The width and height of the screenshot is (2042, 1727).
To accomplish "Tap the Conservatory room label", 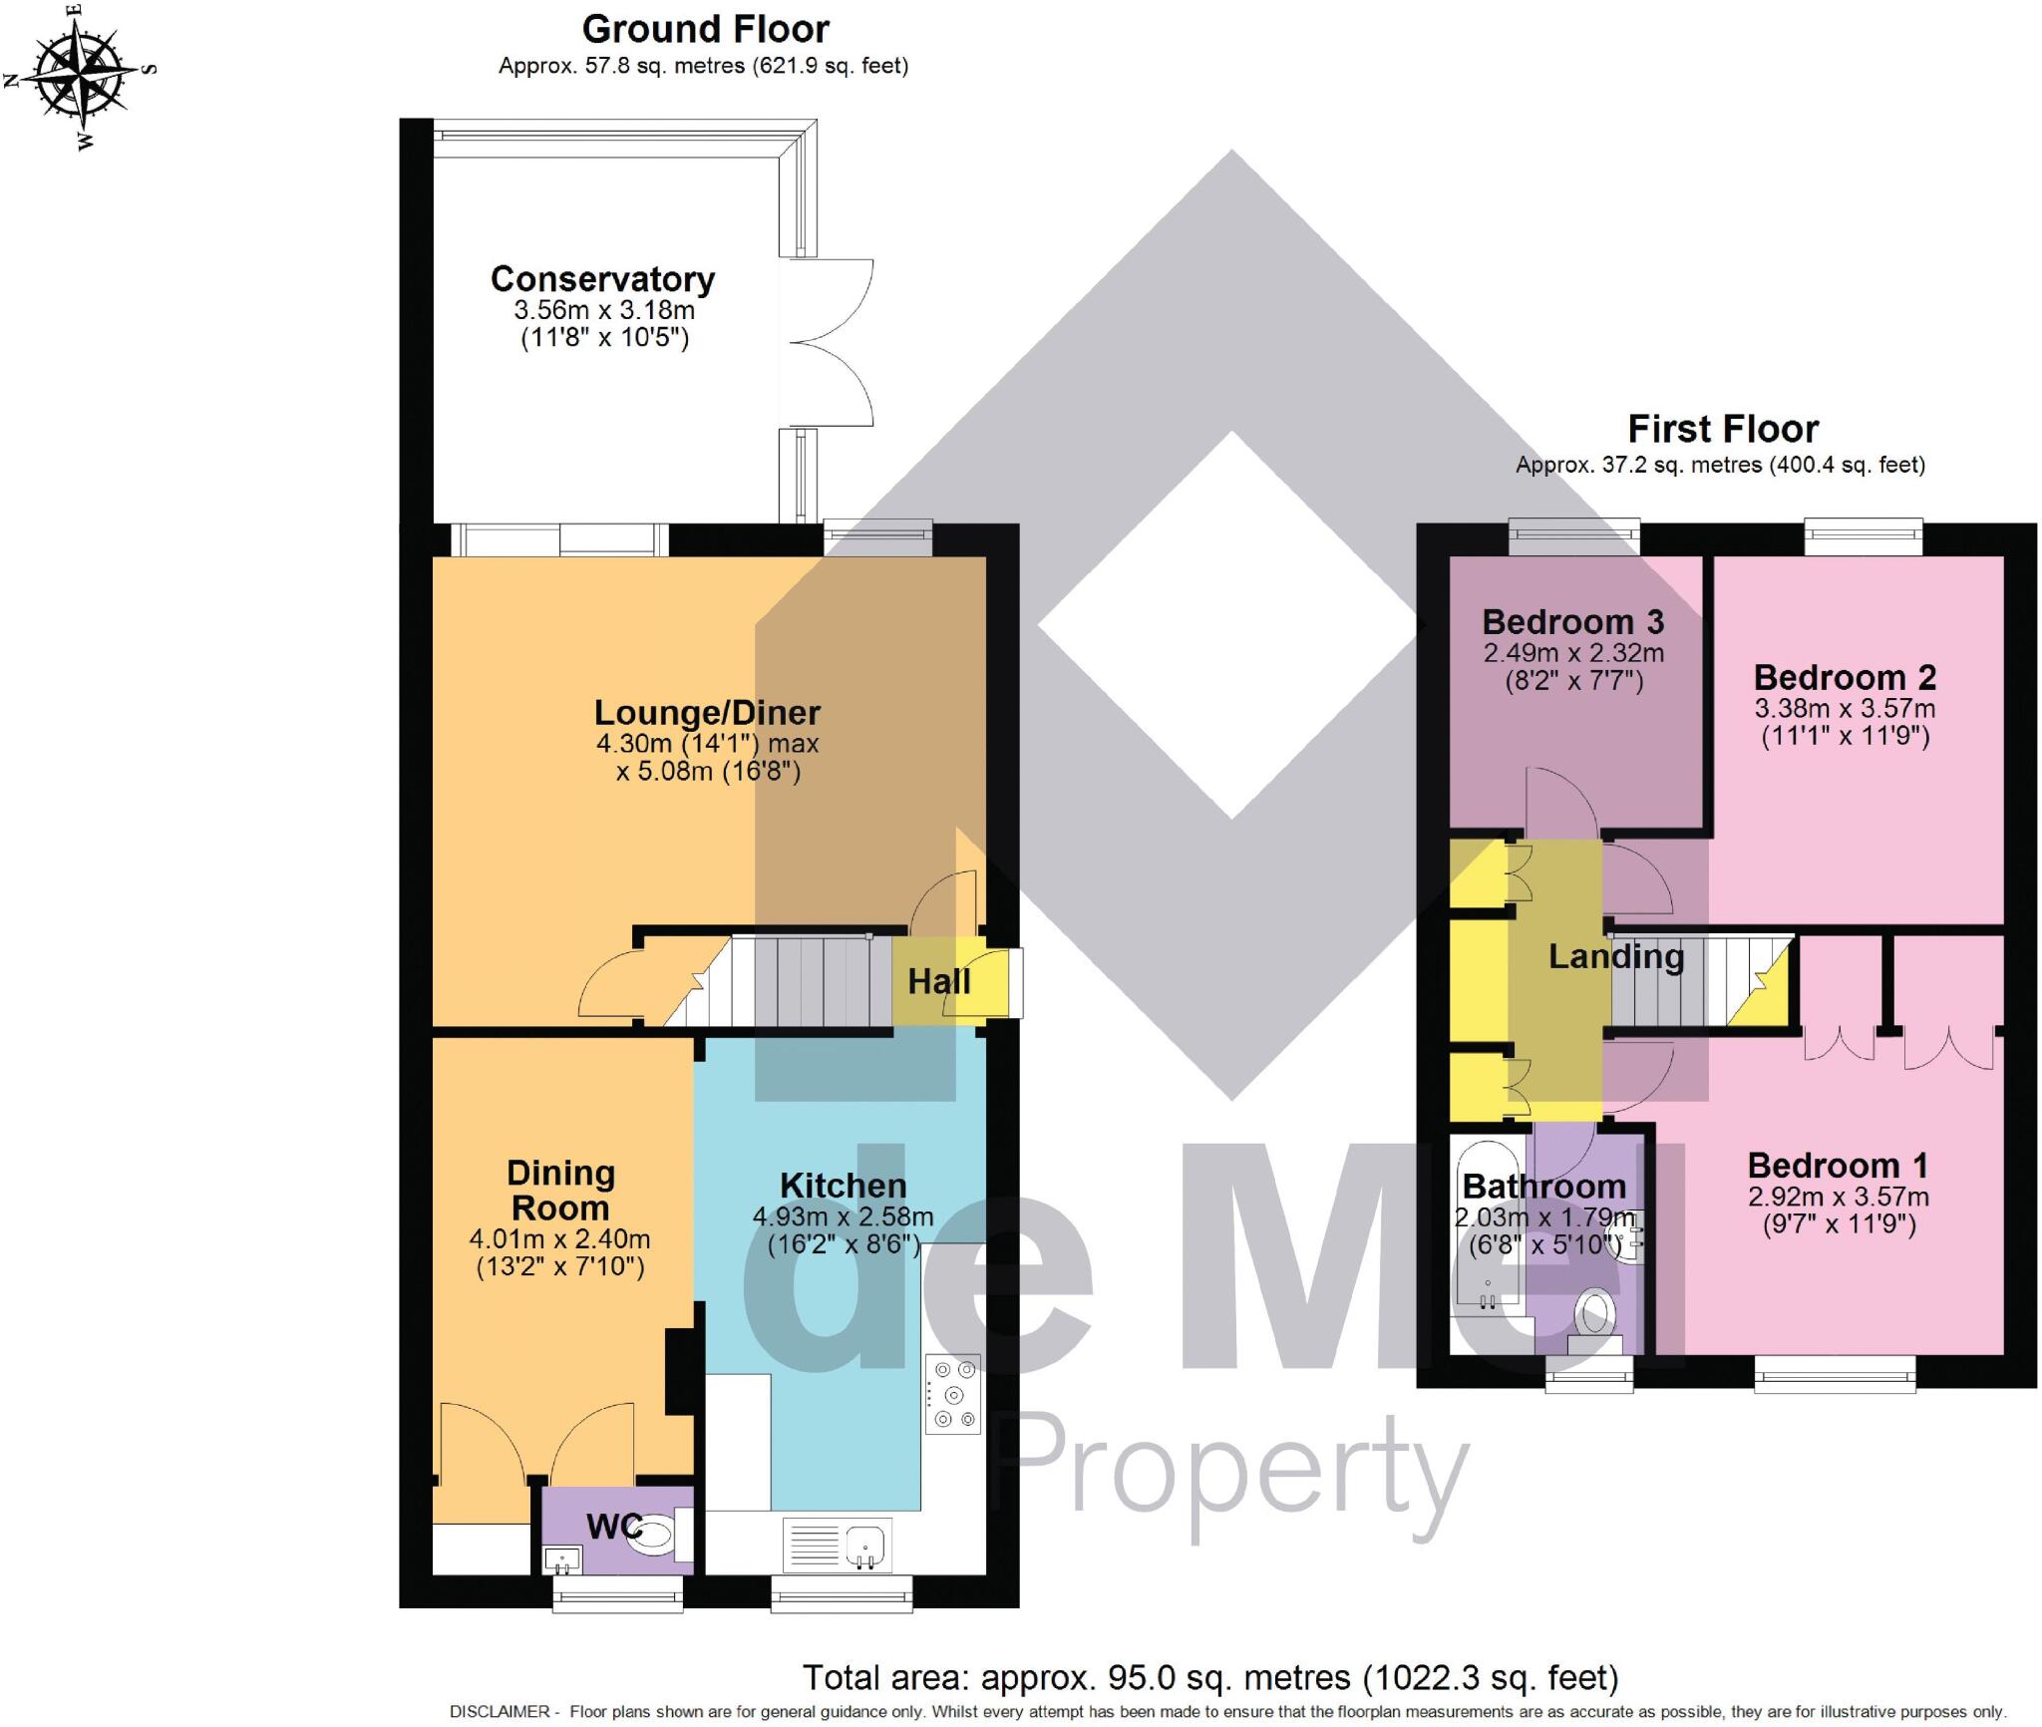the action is click(602, 279).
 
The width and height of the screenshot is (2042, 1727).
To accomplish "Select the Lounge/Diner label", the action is click(707, 713).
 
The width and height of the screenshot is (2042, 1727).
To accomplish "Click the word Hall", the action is click(938, 982).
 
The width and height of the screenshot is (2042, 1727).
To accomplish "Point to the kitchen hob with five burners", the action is click(953, 1394).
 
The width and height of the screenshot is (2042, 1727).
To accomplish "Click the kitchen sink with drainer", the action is click(837, 1545).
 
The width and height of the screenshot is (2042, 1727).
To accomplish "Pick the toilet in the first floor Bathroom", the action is click(1593, 1321).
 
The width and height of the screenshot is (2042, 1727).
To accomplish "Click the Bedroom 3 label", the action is click(1573, 622).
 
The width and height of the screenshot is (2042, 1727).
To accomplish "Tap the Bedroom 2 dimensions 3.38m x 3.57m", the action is click(1845, 710).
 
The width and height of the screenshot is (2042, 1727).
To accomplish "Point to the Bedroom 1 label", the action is click(1838, 1166).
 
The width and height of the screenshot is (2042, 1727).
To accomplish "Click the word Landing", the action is click(1616, 957).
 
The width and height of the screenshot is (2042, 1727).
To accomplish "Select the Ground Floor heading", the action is click(706, 30).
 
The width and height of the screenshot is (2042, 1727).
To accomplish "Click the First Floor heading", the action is click(1723, 429).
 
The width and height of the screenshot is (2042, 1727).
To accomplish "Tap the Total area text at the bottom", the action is click(1210, 1678).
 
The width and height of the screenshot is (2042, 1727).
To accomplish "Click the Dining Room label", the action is click(560, 1191).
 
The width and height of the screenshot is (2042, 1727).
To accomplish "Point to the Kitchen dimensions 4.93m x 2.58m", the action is click(843, 1217).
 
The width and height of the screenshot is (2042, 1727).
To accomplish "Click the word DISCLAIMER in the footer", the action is click(500, 1712).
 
